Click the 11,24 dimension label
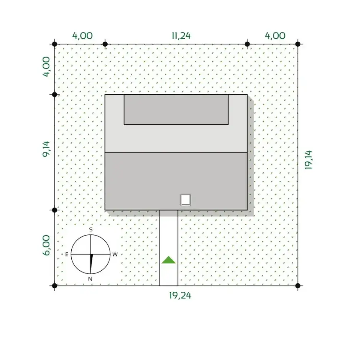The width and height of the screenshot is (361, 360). point(181,36)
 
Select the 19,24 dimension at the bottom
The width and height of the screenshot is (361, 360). point(180,296)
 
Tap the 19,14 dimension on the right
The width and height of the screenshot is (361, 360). point(308,160)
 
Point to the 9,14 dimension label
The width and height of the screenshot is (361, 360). point(46,149)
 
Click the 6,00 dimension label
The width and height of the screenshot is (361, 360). point(46,245)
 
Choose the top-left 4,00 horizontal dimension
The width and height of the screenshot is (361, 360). point(82,36)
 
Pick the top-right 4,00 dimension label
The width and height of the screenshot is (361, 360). point(275,36)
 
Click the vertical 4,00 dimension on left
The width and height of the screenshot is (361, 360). point(46,67)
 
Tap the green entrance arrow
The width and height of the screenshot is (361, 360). point(169,260)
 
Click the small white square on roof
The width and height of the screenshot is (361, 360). point(185,200)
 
